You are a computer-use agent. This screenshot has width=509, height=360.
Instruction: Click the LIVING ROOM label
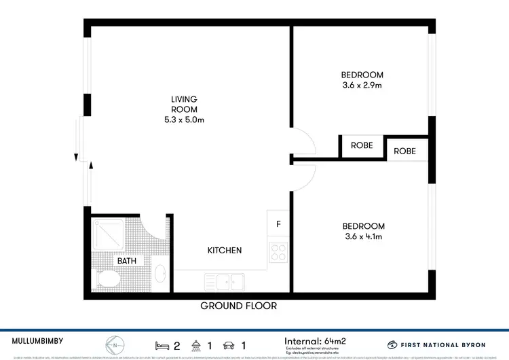pyautogui.click(x=184, y=104)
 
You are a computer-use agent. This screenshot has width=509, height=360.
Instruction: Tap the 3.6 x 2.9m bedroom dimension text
pyautogui.click(x=362, y=86)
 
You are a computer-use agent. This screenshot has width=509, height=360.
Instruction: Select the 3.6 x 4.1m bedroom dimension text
pyautogui.click(x=363, y=237)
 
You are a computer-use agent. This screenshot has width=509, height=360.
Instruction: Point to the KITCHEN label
pyautogui.click(x=224, y=251)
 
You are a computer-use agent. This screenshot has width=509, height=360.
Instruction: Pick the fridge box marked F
pyautogui.click(x=278, y=223)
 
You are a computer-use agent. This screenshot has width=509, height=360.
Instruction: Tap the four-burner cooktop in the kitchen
pyautogui.click(x=279, y=253)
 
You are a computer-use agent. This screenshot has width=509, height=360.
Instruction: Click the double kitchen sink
pyautogui.click(x=226, y=280)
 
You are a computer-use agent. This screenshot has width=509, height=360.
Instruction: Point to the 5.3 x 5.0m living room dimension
pyautogui.click(x=184, y=120)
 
